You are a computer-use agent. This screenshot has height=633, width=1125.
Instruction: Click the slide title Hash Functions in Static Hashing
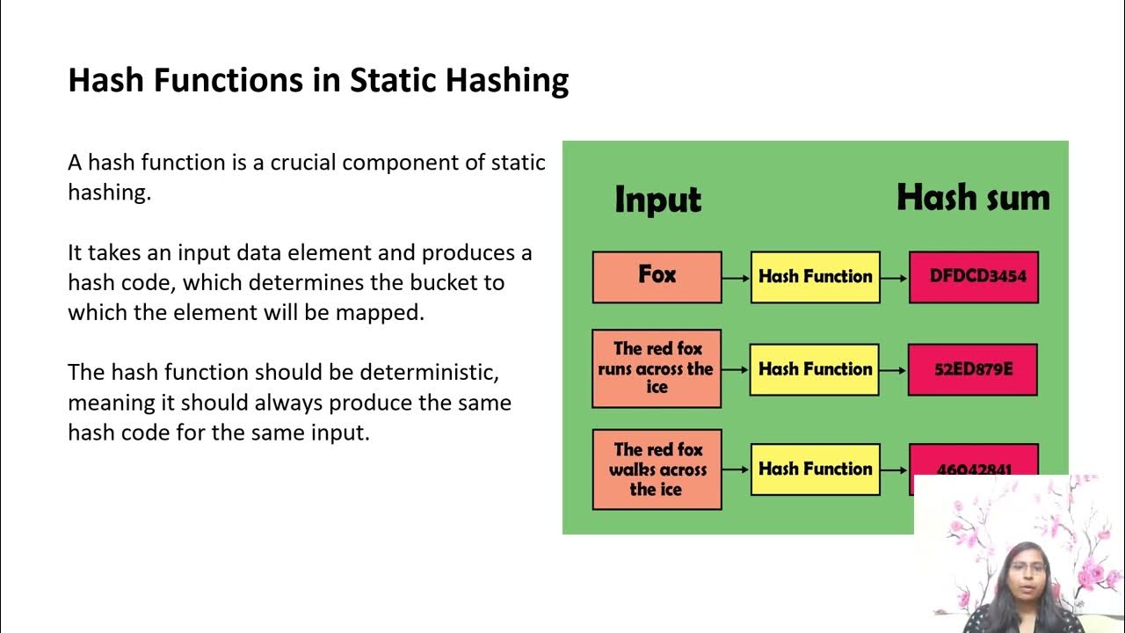pos(318,80)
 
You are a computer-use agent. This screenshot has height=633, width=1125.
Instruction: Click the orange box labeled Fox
pos(657,276)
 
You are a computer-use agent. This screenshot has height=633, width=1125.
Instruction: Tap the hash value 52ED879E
pos(973,369)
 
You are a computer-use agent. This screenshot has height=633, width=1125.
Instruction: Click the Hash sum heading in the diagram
pos(973,198)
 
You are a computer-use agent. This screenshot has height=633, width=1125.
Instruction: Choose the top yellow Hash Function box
pos(815,276)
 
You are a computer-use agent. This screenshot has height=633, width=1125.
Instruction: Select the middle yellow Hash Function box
pos(815,369)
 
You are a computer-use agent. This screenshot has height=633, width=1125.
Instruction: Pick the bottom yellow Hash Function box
pos(815,469)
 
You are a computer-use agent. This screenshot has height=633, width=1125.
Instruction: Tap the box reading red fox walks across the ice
pos(657,469)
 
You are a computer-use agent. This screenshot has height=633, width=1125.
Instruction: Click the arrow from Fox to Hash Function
pos(736,277)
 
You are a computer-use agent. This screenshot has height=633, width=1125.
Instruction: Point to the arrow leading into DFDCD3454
pos(894,277)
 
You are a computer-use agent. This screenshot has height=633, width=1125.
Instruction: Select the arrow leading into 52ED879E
pos(894,370)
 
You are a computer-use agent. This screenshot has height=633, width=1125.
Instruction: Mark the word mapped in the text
pos(382,313)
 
